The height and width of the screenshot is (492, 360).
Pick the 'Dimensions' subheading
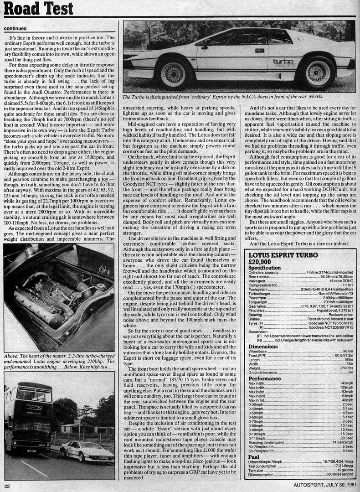[x=263, y=346]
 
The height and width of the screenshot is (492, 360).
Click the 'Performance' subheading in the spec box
[x=265, y=391]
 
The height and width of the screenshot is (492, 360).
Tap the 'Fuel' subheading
[x=254, y=456]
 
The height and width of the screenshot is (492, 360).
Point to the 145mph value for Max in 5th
[x=346, y=396]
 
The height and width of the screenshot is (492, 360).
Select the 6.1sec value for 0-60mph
[x=347, y=417]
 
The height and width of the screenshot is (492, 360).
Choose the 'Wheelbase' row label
[x=258, y=352]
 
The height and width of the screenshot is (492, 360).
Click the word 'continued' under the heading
[x=18, y=28]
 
